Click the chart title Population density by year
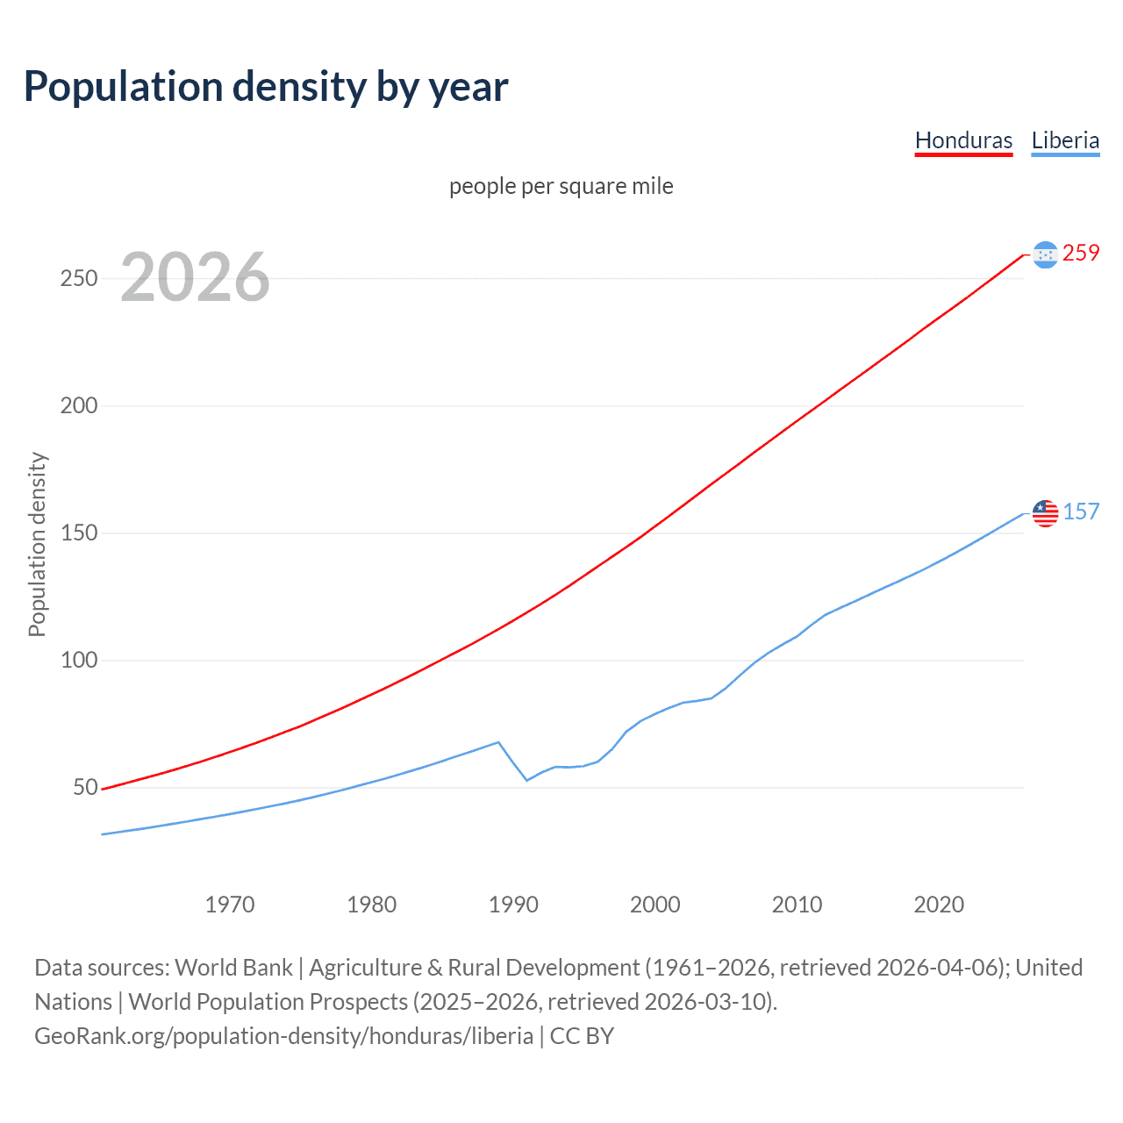266,87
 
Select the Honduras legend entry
963,140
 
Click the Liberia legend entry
1065,140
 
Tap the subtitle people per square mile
561,186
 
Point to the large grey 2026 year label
195,277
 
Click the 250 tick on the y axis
79,278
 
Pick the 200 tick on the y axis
79,405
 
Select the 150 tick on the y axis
79,533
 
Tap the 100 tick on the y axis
79,660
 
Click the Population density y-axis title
37,544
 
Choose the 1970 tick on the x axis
230,905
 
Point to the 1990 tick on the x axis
513,905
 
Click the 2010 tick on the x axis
797,905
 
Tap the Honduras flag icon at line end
1045,254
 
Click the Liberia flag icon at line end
1045,513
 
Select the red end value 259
1081,253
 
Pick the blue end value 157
1081,511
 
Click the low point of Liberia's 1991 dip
527,780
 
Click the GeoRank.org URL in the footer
283,1036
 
